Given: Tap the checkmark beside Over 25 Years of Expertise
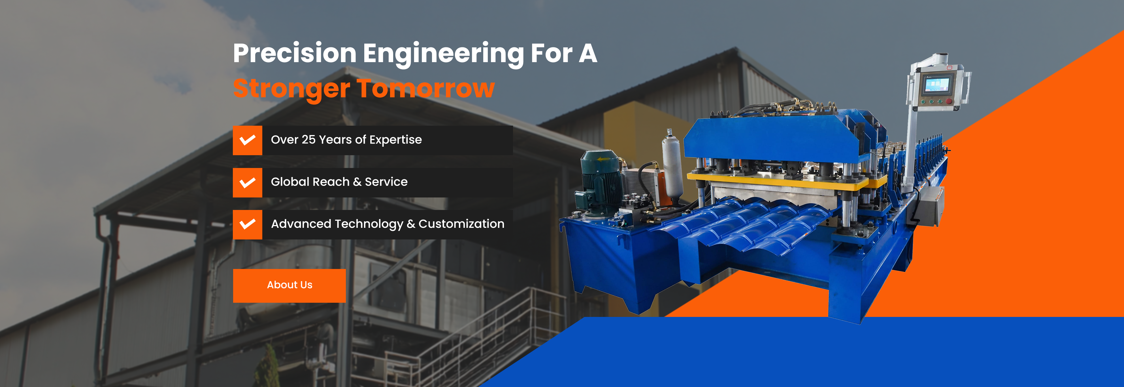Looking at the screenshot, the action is pyautogui.click(x=247, y=140).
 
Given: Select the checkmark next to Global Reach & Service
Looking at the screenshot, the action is pyautogui.click(x=247, y=183).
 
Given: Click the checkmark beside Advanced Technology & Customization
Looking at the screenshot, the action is pyautogui.click(x=247, y=224).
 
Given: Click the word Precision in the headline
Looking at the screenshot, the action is pyautogui.click(x=295, y=54).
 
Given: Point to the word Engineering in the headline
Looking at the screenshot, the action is pyautogui.click(x=443, y=54).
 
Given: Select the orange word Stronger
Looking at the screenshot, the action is pyautogui.click(x=291, y=89).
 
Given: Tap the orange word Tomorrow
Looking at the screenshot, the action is pyautogui.click(x=426, y=89).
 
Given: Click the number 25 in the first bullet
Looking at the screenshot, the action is pyautogui.click(x=308, y=140).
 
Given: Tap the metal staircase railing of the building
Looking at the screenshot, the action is pyautogui.click(x=493, y=332).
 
